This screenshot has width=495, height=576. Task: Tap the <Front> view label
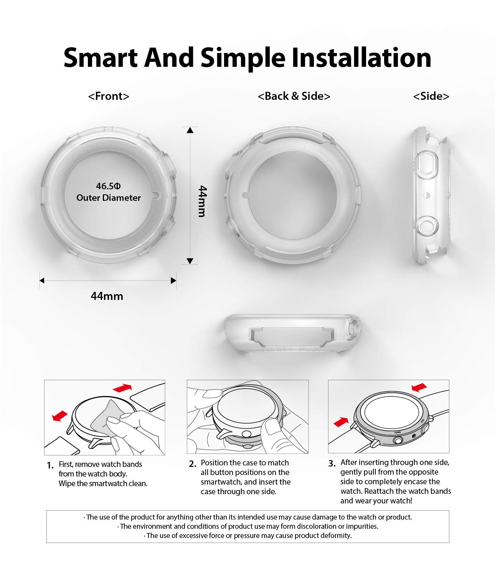pyautogui.click(x=109, y=96)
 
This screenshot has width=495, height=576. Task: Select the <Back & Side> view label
pyautogui.click(x=294, y=96)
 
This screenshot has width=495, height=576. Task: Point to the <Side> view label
pyautogui.click(x=431, y=96)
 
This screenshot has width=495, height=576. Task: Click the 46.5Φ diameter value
pyautogui.click(x=108, y=186)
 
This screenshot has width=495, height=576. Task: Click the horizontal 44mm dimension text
pyautogui.click(x=107, y=296)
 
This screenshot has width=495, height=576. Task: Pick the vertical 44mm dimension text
pyautogui.click(x=202, y=201)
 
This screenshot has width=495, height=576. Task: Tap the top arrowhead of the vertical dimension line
pyautogui.click(x=190, y=130)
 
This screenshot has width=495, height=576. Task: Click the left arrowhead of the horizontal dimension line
pyautogui.click(x=42, y=280)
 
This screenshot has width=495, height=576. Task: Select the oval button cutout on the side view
pyautogui.click(x=426, y=165)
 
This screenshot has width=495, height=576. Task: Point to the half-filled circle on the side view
pyautogui.click(x=427, y=195)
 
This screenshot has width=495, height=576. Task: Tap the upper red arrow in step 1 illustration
pyautogui.click(x=122, y=387)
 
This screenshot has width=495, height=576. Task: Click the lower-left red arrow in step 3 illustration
pyautogui.click(x=341, y=422)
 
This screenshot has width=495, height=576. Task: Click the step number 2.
pyautogui.click(x=192, y=464)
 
